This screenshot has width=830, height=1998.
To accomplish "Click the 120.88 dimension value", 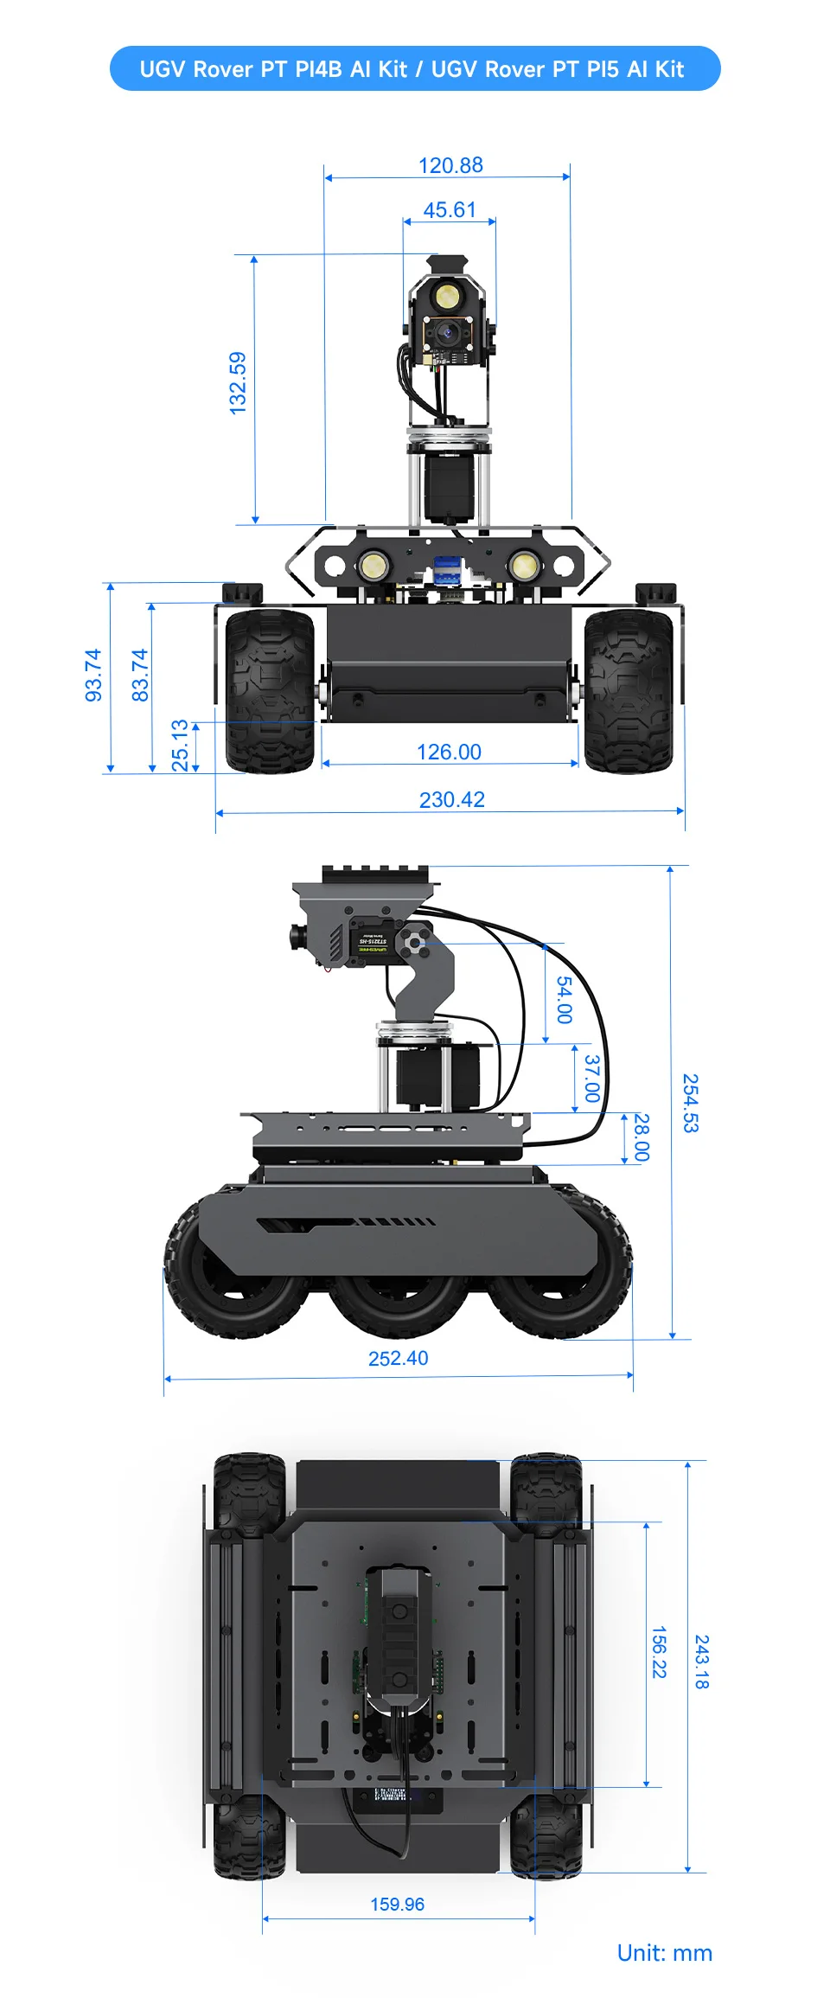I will (x=450, y=165).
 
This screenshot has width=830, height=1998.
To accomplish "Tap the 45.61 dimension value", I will (x=450, y=210).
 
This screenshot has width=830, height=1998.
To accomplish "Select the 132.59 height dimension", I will (x=238, y=382).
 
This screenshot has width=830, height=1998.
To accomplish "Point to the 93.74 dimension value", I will (x=93, y=675).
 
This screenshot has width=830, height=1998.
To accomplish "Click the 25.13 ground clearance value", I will (x=180, y=745).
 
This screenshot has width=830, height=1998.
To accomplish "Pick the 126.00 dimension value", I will (x=449, y=752).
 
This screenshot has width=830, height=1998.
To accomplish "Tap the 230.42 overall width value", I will (x=451, y=799).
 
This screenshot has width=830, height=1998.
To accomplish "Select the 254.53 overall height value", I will (x=690, y=1103).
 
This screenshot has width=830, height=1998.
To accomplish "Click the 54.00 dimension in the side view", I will (x=564, y=1000).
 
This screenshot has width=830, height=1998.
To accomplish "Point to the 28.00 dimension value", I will (x=641, y=1137).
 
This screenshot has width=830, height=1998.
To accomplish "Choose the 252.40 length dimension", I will (x=398, y=1358).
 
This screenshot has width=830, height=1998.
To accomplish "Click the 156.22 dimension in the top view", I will (x=659, y=1652).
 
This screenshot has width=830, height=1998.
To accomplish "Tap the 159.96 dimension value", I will (x=397, y=1904).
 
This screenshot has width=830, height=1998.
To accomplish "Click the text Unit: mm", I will (x=664, y=1953).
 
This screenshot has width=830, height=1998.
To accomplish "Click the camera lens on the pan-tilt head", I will (x=448, y=330).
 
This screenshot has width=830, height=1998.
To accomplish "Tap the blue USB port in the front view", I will (x=447, y=569).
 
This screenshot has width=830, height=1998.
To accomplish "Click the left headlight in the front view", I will (x=373, y=567).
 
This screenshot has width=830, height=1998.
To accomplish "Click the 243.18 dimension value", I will (x=702, y=1662).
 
